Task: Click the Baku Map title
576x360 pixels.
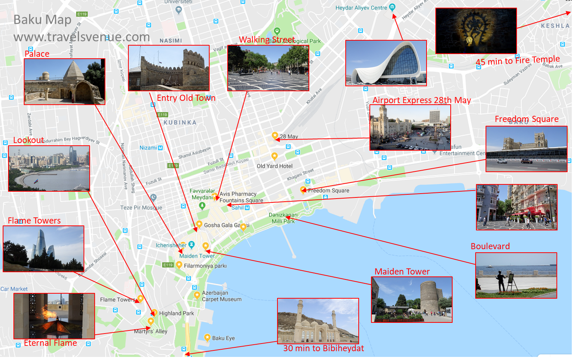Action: [x=42, y=20]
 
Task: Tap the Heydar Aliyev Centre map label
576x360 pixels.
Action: [x=361, y=8]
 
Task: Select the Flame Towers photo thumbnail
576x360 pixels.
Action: [x=43, y=248]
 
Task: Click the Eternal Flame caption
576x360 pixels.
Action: [x=50, y=343]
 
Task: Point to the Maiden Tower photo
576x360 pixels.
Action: [x=412, y=299]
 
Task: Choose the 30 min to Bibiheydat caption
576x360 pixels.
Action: [x=323, y=348]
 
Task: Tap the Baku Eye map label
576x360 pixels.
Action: [x=223, y=338]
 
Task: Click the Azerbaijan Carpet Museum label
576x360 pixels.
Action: [x=222, y=296]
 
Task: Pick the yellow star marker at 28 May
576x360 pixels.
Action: [x=275, y=135]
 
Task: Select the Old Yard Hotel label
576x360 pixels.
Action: [x=274, y=166]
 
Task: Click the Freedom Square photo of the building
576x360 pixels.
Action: [x=526, y=149]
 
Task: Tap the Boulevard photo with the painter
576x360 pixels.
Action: [x=516, y=275]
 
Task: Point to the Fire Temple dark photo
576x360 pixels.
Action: [x=476, y=31]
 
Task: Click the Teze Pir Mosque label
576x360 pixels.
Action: [x=141, y=207]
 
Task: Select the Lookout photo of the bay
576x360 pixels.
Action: [x=49, y=168]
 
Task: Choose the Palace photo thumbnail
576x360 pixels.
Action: [x=64, y=81]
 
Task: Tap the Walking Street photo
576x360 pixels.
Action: [x=268, y=68]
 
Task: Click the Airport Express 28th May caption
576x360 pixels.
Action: [x=422, y=100]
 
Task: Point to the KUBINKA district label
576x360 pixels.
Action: [x=180, y=123]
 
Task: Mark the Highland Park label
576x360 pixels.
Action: [x=176, y=313]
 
